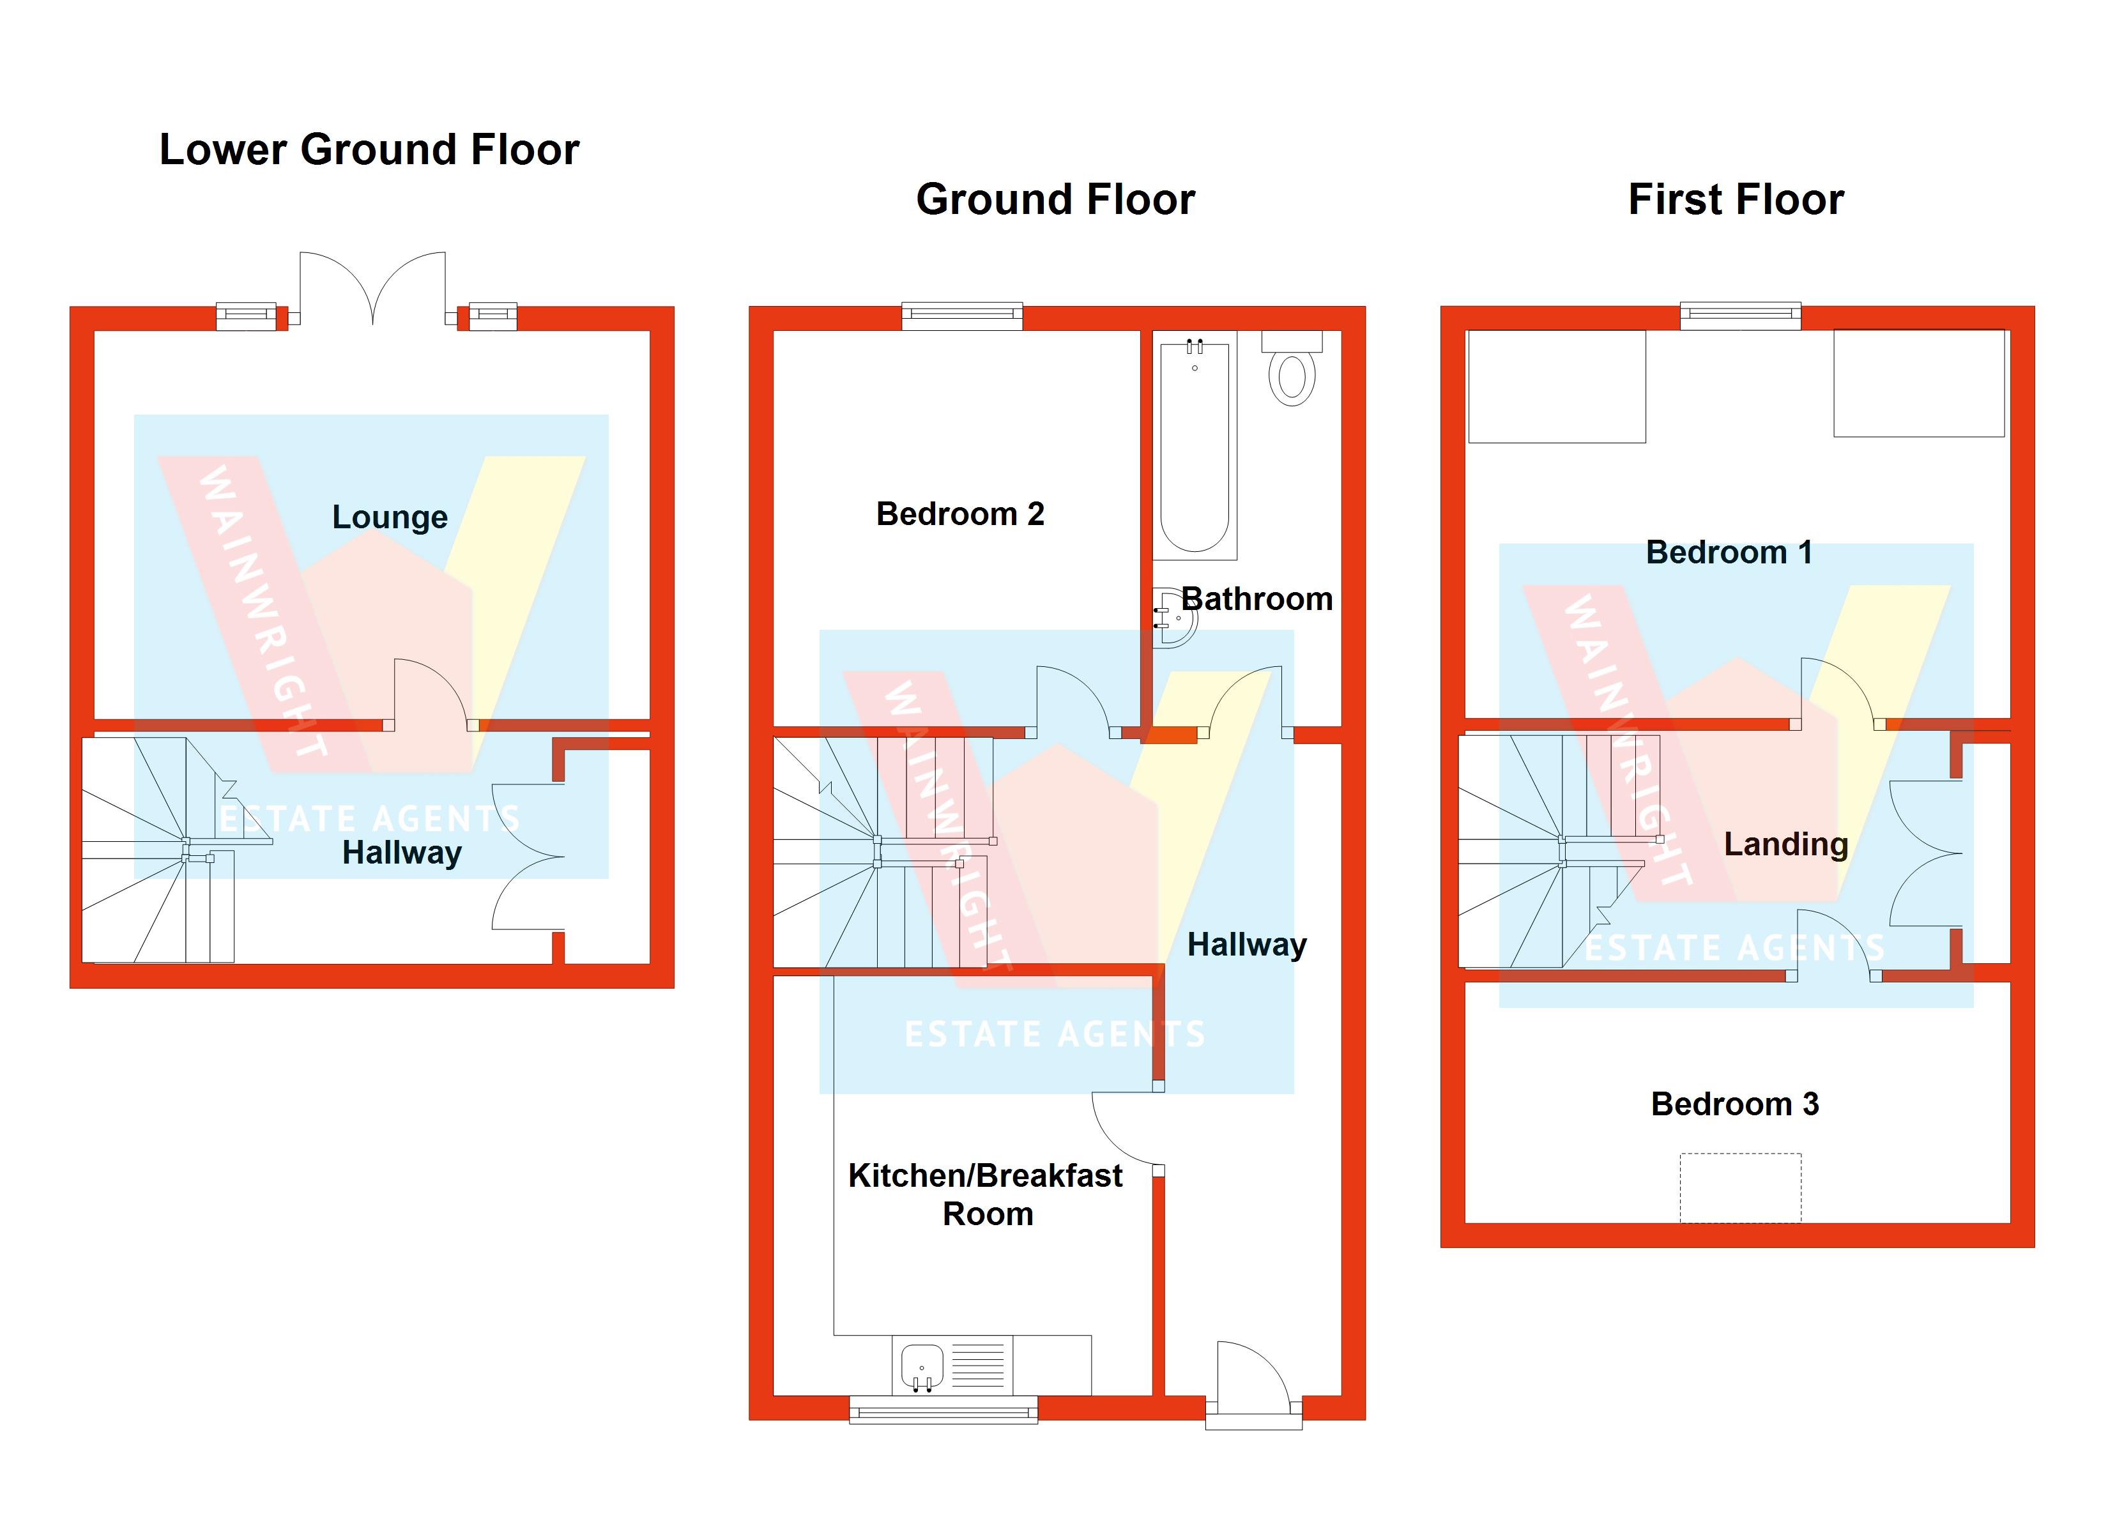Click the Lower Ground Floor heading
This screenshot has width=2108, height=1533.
[369, 149]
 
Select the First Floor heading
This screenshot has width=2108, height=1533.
[1736, 200]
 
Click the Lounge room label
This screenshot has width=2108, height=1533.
[390, 517]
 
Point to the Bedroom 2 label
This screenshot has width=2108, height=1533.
[959, 514]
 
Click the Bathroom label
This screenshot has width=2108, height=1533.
[1256, 599]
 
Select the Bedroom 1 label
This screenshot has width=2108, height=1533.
[1729, 553]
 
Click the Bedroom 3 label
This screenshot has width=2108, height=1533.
[1734, 1104]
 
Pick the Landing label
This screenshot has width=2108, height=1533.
[1785, 844]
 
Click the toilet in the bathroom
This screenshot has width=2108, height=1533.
[1292, 372]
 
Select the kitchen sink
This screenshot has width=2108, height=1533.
[922, 1366]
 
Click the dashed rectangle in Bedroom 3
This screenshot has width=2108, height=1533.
[1740, 1187]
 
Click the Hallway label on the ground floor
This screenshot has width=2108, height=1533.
[1246, 945]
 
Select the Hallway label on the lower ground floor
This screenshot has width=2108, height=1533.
[402, 853]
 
